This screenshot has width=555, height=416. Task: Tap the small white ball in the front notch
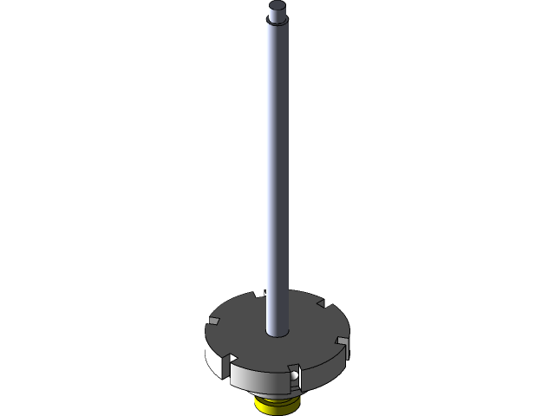(x=295, y=376)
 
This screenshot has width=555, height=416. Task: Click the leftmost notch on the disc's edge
(x=212, y=322)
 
